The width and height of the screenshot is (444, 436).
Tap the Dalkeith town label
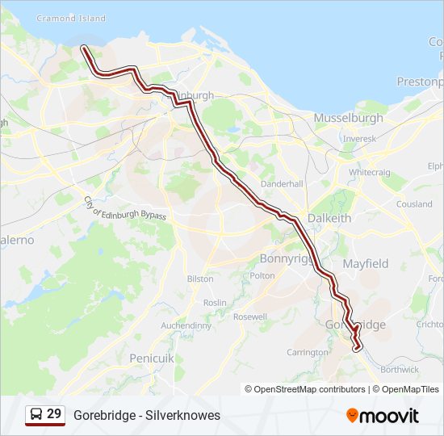[329, 218]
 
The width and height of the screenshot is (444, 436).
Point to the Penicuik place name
[150, 356]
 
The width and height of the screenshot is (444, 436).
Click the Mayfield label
[365, 264]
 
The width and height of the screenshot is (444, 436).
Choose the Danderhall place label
[282, 183]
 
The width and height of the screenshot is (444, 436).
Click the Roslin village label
[215, 303]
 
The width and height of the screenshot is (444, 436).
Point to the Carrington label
[307, 353]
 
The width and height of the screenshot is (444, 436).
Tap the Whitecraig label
[371, 173]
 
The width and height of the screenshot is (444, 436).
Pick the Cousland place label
[414, 204]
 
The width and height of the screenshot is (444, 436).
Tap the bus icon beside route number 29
[36, 415]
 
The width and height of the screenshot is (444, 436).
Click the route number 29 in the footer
[54, 414]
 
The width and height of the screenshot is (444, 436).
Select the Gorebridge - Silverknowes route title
[146, 415]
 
